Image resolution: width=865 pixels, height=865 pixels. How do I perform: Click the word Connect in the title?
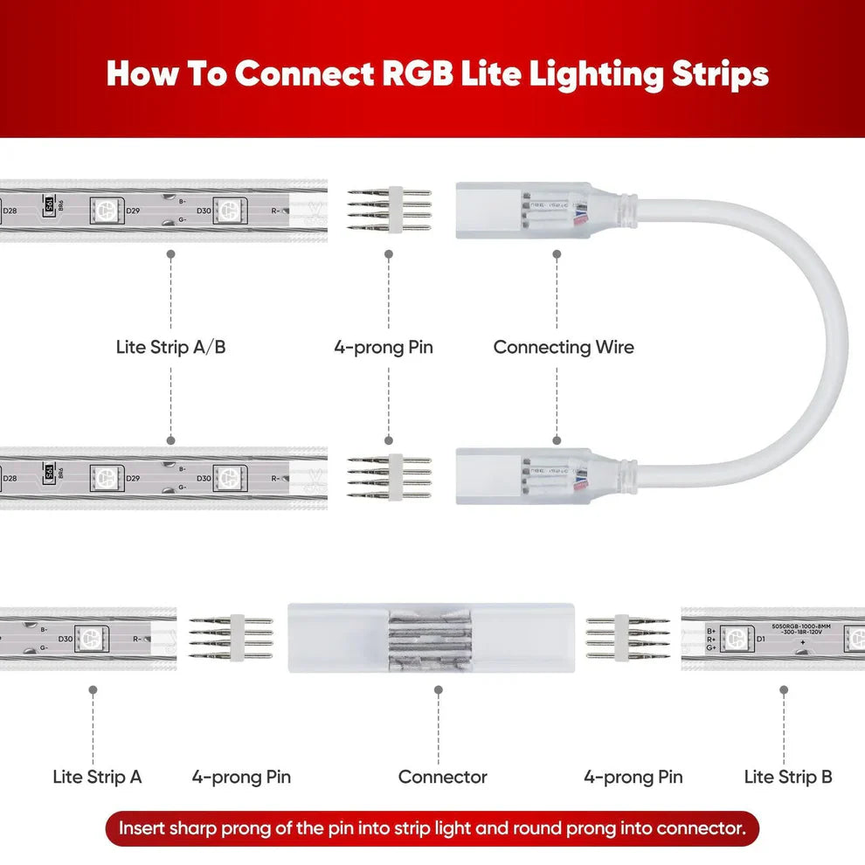305,74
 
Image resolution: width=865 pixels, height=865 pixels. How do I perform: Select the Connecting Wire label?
564,347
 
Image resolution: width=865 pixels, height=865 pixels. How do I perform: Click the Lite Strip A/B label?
170,347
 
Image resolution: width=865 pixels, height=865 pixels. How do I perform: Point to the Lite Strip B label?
788,776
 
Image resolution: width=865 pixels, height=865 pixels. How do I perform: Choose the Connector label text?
442,776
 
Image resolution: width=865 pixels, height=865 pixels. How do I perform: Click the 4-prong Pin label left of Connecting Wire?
384,347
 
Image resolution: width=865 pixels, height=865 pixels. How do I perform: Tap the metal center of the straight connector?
437,638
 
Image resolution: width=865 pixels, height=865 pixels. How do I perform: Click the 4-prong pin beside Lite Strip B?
627,638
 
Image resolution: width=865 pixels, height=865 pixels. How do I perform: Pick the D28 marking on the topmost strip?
10,211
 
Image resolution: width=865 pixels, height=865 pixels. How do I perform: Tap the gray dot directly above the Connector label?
439,689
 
